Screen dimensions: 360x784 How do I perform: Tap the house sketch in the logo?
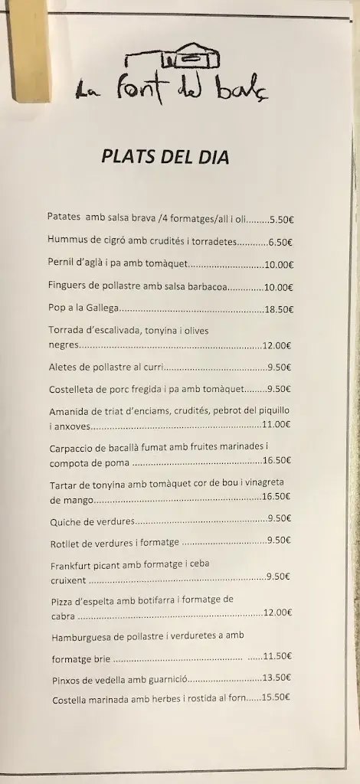coord(175,59)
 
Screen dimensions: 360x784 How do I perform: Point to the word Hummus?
coord(67,240)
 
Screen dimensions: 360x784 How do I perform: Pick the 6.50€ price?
coord(280,242)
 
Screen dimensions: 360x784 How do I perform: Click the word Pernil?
coord(62,263)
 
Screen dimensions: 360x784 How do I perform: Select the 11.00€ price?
coord(277,423)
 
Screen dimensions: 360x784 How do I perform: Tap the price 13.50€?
coord(277,678)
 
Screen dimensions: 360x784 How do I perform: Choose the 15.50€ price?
coord(277,697)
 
